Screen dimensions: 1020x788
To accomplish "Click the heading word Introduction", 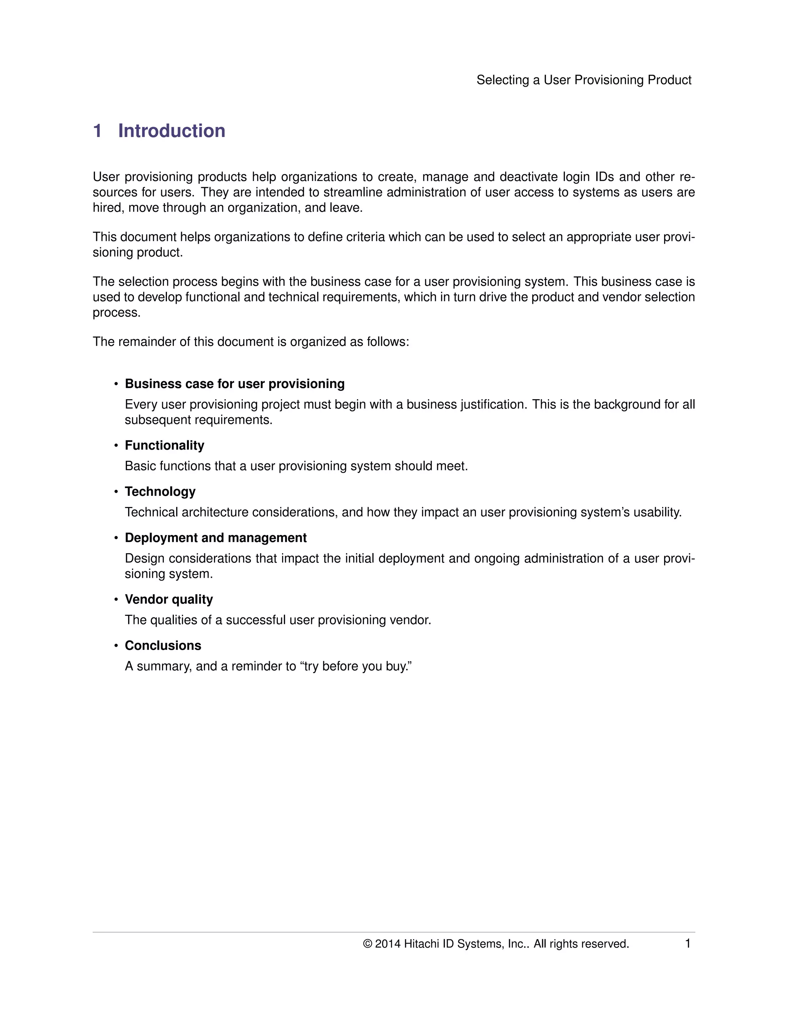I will [171, 131].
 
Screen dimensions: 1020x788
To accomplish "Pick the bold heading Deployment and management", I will [216, 538].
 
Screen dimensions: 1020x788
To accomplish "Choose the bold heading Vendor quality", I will [169, 599].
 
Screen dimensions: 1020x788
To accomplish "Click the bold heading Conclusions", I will [163, 645].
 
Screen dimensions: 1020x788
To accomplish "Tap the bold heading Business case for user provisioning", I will [235, 384].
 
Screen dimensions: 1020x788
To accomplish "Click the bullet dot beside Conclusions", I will [116, 646].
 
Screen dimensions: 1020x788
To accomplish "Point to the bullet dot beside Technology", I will [116, 492].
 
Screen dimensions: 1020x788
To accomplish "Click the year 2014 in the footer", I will [387, 944].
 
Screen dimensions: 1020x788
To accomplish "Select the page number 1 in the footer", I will [687, 943].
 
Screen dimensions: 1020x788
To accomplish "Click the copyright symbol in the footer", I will [367, 944].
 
